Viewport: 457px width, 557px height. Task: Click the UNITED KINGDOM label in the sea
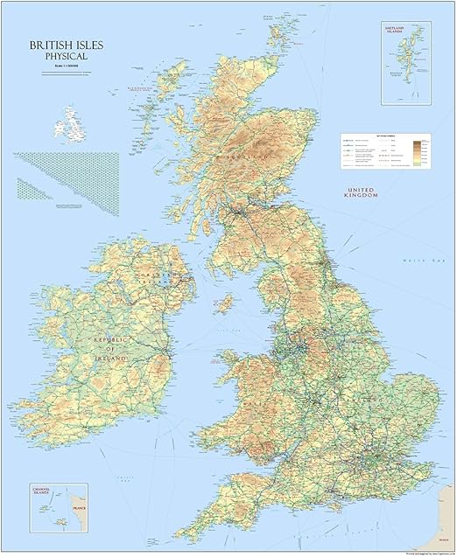pyautogui.click(x=361, y=193)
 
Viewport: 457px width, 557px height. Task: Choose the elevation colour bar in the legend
pyautogui.click(x=419, y=149)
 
